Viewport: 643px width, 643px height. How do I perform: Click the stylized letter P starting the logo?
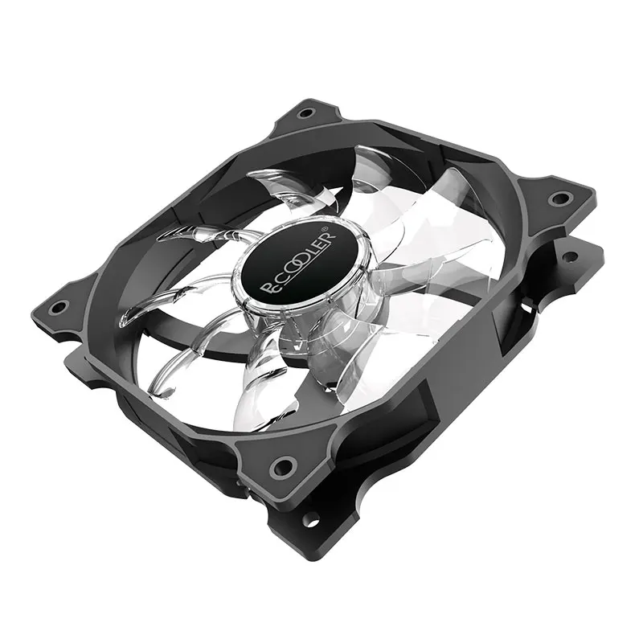[x=267, y=287]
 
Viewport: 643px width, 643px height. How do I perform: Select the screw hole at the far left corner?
[x=56, y=306]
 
